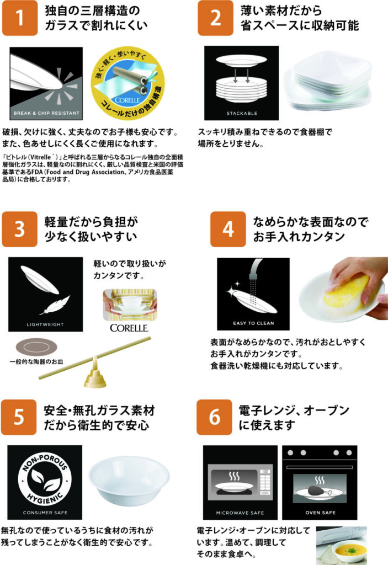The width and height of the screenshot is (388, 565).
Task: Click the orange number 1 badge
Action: point(20,18)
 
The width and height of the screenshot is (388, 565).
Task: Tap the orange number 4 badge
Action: point(228,229)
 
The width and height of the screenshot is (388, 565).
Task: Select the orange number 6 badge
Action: point(214,417)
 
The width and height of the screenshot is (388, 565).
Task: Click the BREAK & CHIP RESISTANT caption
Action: point(46,113)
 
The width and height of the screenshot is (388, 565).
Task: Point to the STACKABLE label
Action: point(242,113)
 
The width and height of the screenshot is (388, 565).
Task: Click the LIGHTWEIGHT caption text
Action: point(45,324)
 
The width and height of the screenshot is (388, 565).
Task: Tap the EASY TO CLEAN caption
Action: point(253,323)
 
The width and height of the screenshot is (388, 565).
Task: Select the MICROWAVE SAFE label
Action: point(240,513)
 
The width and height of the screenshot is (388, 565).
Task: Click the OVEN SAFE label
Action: point(320,513)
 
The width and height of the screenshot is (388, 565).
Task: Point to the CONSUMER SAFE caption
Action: point(45,513)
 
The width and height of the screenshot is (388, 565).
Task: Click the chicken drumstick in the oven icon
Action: point(318,490)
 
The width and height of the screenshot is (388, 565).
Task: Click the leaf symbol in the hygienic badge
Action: point(45,479)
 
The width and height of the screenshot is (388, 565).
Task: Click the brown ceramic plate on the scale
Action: point(36,348)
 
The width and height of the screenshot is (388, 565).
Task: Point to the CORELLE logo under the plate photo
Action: point(129,328)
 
